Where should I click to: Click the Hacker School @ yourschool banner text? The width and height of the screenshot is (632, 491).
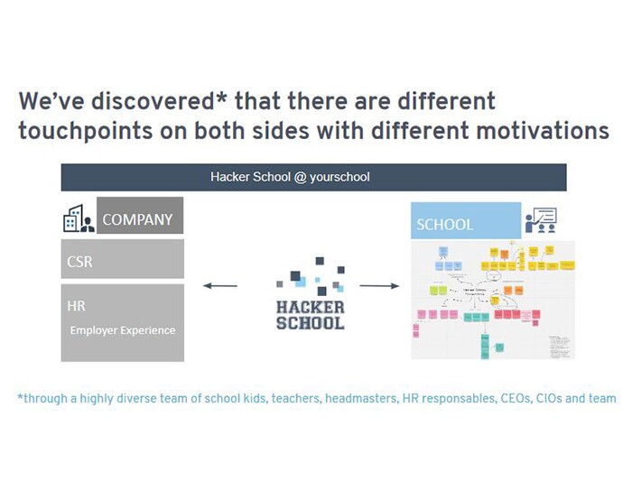click(290, 177)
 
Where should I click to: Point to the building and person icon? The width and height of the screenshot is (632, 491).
click(79, 218)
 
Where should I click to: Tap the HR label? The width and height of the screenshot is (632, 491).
click(77, 306)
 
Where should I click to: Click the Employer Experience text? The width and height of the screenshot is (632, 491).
click(123, 329)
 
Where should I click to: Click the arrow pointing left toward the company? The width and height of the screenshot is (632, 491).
click(220, 286)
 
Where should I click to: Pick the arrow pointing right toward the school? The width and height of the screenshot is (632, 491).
click(379, 286)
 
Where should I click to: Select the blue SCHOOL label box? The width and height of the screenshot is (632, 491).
click(466, 223)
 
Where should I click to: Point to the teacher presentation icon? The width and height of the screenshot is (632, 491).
click(541, 220)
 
